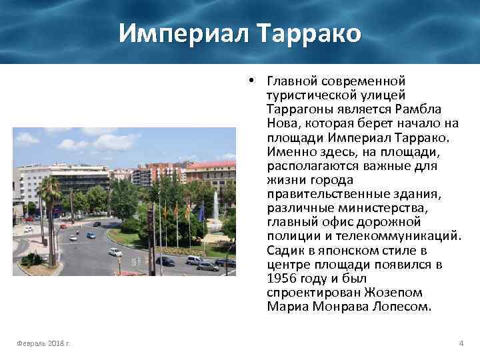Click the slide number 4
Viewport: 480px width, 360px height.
pos(461,343)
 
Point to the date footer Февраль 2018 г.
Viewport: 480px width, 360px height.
pos(45,343)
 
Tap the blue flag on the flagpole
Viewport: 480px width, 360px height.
pos(201,212)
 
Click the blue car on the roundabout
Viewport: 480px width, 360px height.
pos(91,235)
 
